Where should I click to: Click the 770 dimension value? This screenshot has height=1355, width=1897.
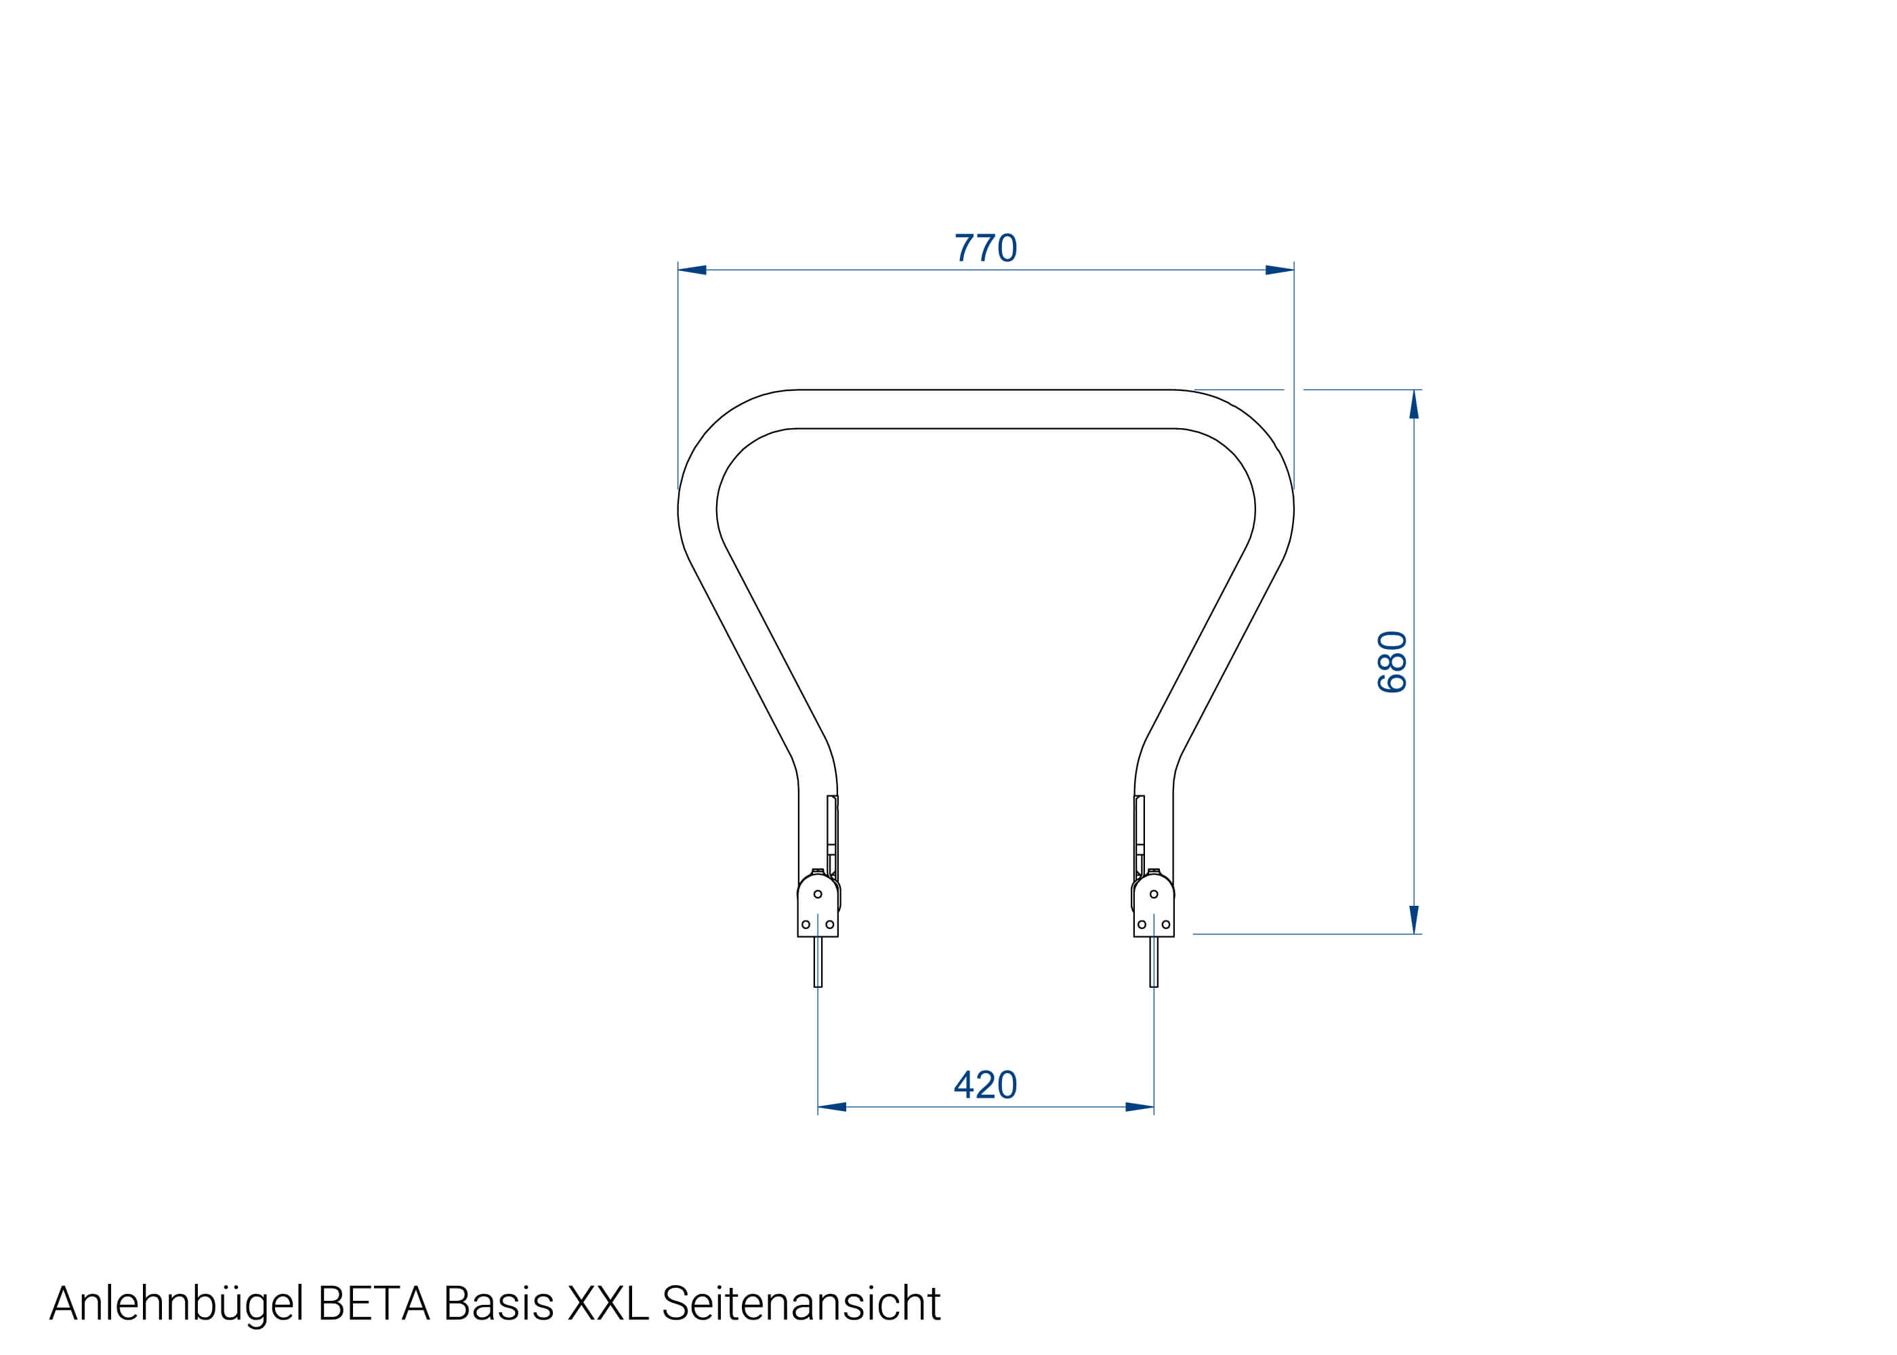985,248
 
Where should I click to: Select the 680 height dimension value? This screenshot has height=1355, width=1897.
1392,662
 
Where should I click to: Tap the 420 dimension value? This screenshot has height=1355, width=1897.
985,1085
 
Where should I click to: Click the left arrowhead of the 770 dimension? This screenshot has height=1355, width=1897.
693,270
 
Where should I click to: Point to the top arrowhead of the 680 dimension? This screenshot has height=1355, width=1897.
1414,404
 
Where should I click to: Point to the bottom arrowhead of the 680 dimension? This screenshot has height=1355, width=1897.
1414,919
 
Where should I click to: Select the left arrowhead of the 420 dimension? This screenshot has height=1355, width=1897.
833,1107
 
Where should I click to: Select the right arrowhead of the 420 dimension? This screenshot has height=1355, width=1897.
1139,1107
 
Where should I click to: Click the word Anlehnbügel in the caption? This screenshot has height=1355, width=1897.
176,1304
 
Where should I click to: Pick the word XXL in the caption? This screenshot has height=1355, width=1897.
607,1304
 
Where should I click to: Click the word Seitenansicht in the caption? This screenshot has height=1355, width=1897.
801,1304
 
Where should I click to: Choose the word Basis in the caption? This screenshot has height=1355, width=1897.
498,1304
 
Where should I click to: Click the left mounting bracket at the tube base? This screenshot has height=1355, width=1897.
818,909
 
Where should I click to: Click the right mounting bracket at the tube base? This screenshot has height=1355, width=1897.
1154,909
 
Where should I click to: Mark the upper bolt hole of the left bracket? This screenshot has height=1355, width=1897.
818,894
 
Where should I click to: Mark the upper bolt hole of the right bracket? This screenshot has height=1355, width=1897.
1154,894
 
